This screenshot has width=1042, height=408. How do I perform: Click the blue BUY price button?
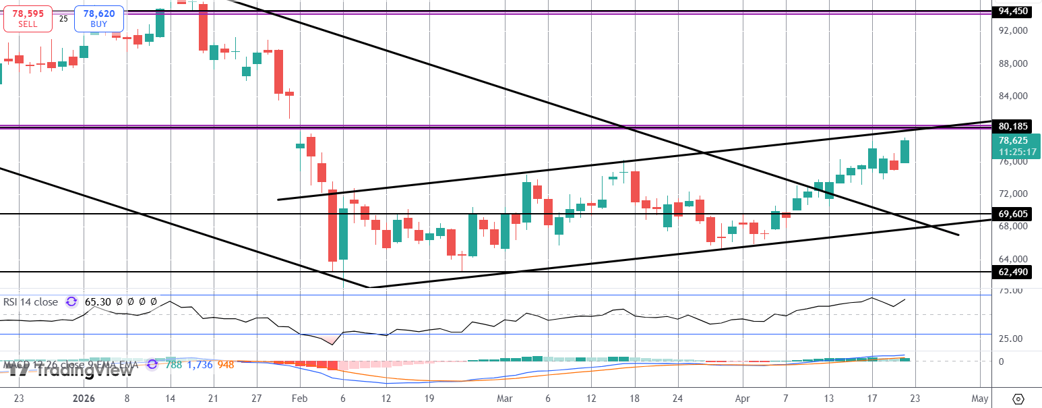tap(99, 18)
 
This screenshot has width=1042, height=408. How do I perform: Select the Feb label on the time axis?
tap(299, 398)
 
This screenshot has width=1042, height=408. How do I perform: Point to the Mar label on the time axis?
tap(504, 398)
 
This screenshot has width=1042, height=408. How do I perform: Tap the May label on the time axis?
tap(980, 398)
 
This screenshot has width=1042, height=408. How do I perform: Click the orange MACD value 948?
tap(226, 365)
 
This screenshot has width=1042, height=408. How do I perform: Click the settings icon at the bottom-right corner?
tap(1018, 399)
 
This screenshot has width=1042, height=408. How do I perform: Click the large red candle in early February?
tap(332, 226)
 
